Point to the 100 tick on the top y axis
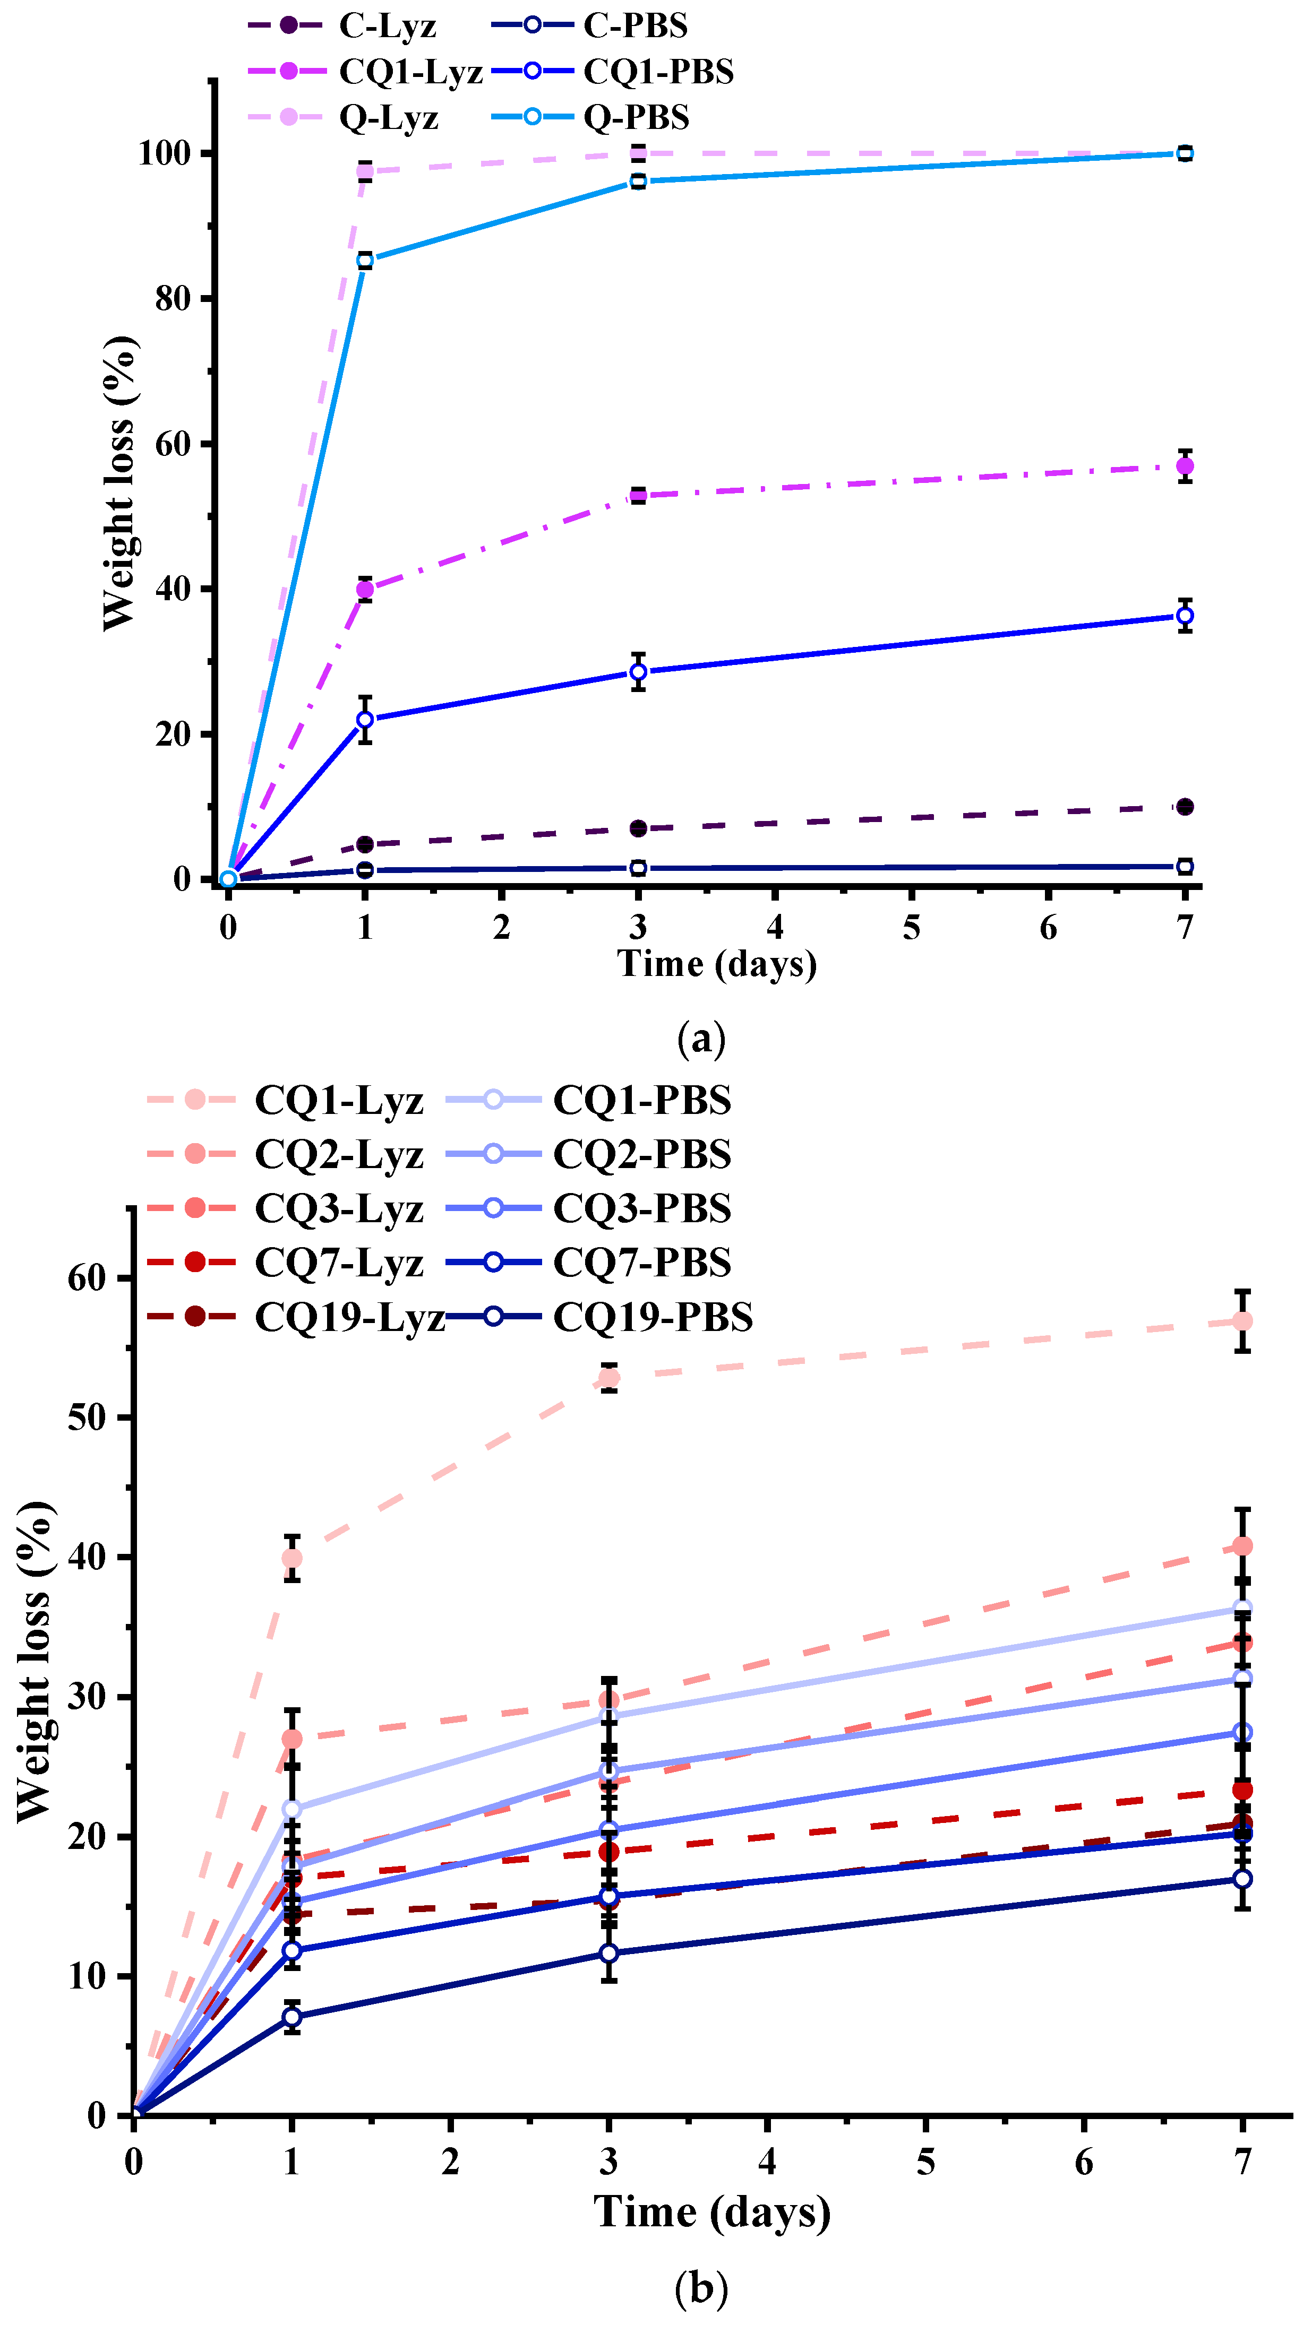click(165, 153)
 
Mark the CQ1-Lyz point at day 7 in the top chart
click(1185, 466)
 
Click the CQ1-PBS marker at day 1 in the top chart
click(365, 719)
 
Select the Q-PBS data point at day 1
click(365, 261)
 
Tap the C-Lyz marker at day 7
click(1185, 806)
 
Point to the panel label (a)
click(701, 1039)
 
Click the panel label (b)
click(701, 2287)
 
